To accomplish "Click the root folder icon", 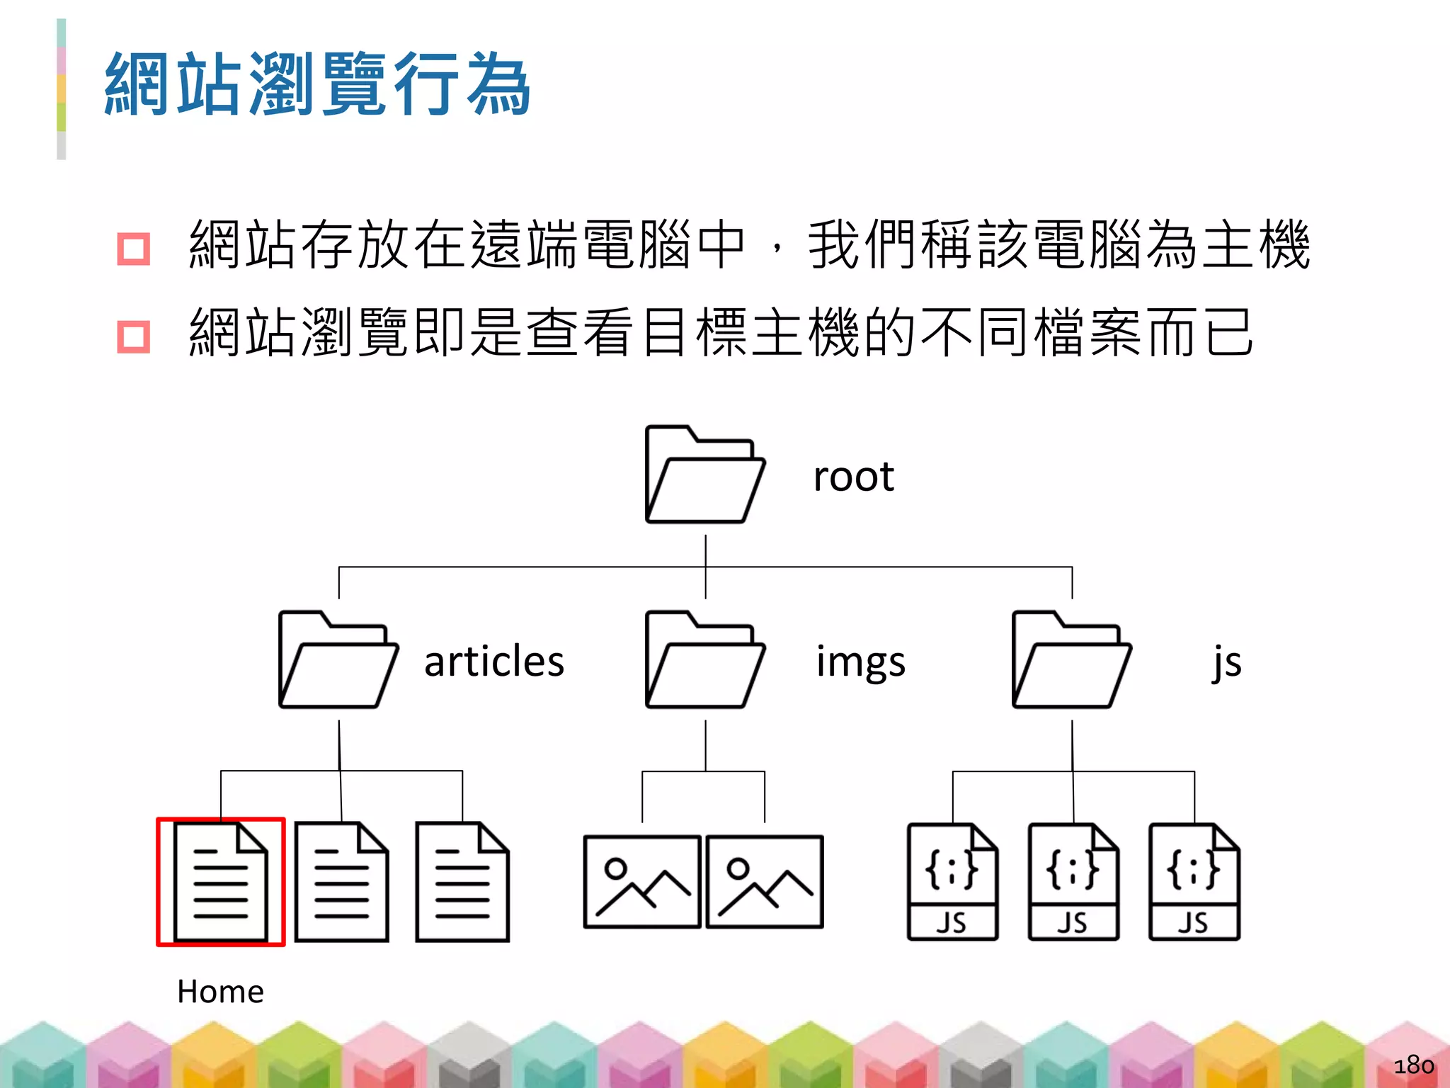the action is click(705, 475).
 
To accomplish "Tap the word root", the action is click(853, 476).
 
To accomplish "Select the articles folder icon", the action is click(338, 660).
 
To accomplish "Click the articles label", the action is click(494, 662).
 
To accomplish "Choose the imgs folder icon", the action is click(705, 660).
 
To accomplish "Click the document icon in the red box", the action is click(221, 882).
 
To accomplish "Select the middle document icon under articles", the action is click(342, 882).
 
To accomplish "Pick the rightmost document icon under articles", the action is click(462, 882).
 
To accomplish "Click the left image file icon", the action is click(642, 882).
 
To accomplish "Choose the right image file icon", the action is click(765, 882).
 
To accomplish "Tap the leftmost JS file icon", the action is click(952, 882).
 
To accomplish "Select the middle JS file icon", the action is click(1073, 882).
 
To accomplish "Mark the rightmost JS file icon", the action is click(1194, 882).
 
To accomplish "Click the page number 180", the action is click(1413, 1065).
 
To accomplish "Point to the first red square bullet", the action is click(133, 249).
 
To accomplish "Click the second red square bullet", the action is click(133, 336).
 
